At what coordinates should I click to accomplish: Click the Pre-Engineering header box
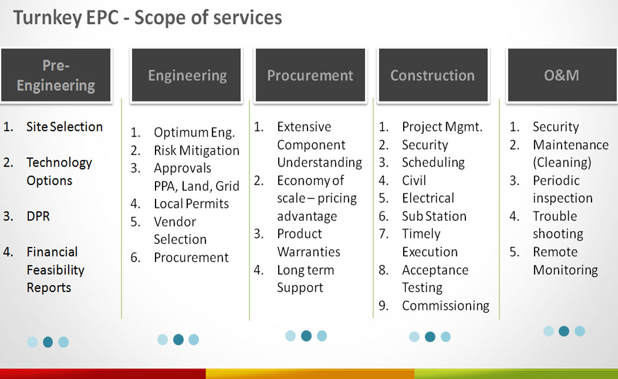tap(56, 75)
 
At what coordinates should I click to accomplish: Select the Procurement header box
tap(310, 75)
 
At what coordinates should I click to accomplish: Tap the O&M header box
tap(563, 75)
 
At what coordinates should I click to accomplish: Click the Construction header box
tap(433, 75)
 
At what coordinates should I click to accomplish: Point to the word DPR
tap(38, 217)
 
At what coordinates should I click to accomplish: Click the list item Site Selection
tap(65, 127)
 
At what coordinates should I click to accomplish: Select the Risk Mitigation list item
tap(196, 150)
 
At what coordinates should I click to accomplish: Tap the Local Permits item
tap(191, 204)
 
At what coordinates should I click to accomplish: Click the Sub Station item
tap(434, 217)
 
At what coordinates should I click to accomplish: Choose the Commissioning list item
tap(446, 306)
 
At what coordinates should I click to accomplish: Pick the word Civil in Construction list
tap(414, 180)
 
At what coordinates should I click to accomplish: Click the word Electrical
tap(428, 198)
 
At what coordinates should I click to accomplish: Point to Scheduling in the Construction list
tap(434, 162)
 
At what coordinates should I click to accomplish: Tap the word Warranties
tap(309, 252)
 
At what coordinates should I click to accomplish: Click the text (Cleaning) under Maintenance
tap(562, 162)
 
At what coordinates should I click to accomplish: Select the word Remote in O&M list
tap(555, 252)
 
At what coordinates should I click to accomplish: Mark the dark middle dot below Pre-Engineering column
tap(48, 342)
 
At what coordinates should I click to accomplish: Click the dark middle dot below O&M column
tap(564, 331)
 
